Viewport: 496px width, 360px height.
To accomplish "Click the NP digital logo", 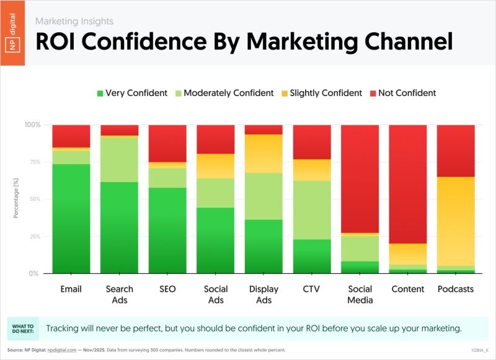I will [x=13, y=33].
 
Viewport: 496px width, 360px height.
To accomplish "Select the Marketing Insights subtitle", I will [x=74, y=21].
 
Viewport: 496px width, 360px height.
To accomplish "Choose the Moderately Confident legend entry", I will [x=225, y=93].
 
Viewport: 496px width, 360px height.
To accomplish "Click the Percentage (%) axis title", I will [x=15, y=199].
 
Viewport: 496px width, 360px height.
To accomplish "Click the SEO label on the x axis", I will [x=167, y=289].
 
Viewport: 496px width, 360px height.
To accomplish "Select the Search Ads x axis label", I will [x=119, y=294].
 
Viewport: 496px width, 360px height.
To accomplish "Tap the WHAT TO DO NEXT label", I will [x=23, y=328].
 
